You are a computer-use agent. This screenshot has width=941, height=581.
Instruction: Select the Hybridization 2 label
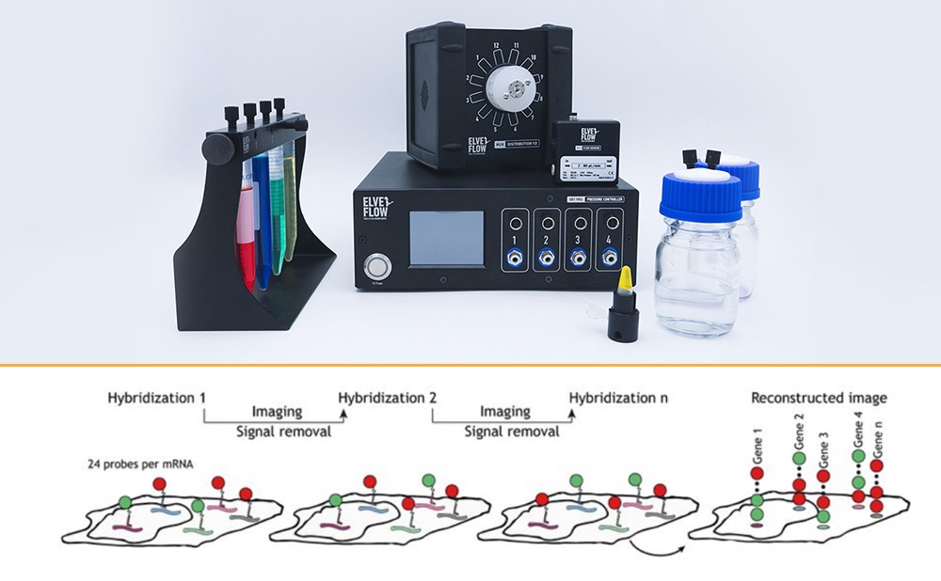[387, 397]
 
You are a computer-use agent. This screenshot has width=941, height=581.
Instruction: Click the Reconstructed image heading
[818, 397]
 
